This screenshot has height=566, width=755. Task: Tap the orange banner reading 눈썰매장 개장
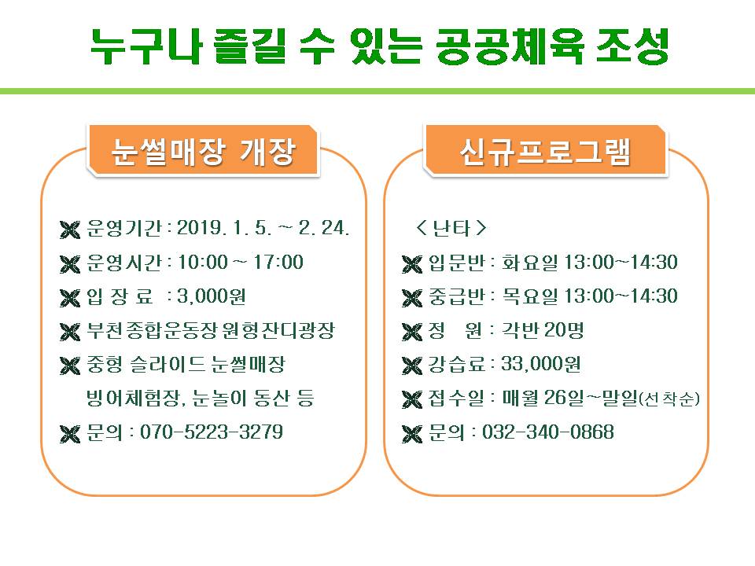(x=203, y=151)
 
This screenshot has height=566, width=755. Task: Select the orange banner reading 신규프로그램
(x=545, y=151)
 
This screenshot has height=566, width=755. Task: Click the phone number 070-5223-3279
(x=212, y=432)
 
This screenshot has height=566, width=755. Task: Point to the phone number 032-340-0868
(x=548, y=432)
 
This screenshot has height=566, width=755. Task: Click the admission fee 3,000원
(x=212, y=296)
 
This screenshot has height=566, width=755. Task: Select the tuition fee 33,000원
(x=541, y=364)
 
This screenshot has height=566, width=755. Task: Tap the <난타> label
(x=451, y=228)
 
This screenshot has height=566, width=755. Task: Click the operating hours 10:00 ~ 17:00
(x=241, y=263)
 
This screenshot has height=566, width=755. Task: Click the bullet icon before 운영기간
(x=70, y=230)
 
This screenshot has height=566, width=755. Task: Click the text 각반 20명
(x=543, y=330)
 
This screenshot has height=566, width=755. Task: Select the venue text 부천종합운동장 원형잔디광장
(x=211, y=330)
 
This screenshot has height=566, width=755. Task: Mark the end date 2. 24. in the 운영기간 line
(x=323, y=228)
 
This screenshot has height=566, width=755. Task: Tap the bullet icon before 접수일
(x=412, y=399)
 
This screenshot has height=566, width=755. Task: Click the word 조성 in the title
(x=632, y=46)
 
